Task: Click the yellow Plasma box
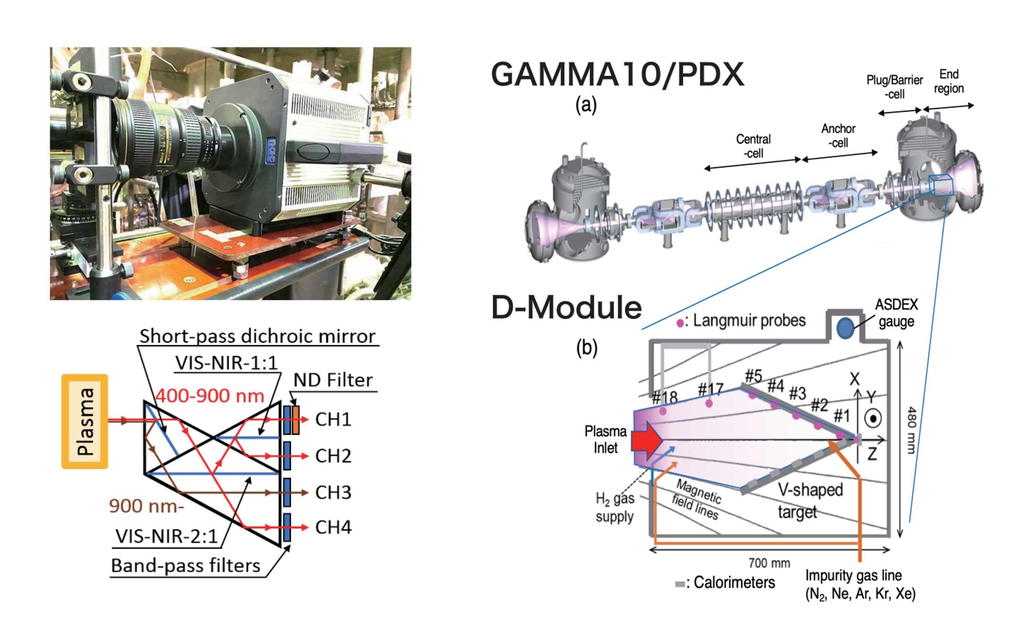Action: point(85,421)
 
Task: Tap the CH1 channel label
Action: point(333,419)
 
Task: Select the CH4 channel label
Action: point(333,528)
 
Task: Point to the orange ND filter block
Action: point(296,419)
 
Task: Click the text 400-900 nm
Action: point(210,396)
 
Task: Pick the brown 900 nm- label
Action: point(146,506)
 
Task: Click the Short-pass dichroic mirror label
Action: point(257,336)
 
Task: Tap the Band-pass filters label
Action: point(186,566)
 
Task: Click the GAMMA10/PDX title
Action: point(617,74)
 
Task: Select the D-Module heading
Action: point(566,308)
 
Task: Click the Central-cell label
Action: point(753,146)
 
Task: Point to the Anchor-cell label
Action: point(838,135)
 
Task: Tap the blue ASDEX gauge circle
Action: point(845,328)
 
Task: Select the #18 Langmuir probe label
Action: point(664,397)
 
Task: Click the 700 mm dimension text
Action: point(769,563)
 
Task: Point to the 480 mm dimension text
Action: point(911,430)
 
